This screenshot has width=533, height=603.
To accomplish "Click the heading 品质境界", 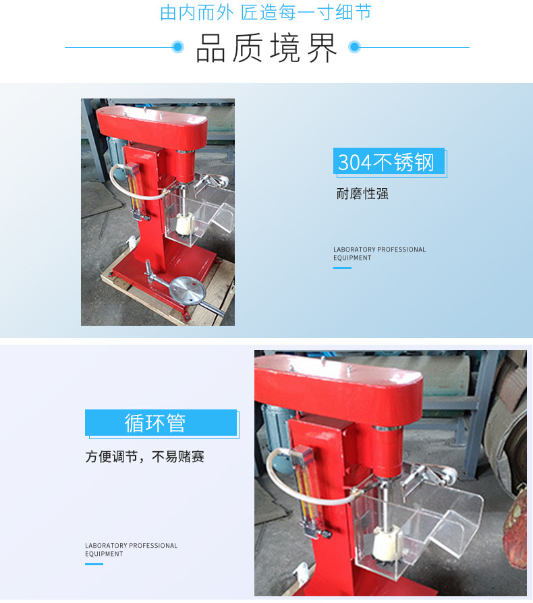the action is (266, 48).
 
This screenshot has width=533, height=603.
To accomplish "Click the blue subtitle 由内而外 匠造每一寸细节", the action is (266, 12).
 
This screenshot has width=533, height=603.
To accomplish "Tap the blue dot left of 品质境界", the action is (177, 47).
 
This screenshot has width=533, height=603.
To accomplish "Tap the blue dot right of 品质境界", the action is (354, 47).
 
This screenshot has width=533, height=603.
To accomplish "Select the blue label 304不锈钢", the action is (389, 161).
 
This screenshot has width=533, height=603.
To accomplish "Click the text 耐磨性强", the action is (362, 194).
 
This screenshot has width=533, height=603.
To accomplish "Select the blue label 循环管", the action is (161, 422).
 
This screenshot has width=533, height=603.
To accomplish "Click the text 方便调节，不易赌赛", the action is (144, 457).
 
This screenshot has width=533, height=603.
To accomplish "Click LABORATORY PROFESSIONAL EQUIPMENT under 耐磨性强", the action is (379, 254).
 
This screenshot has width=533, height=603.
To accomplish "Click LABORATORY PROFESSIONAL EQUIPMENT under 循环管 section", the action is (131, 550).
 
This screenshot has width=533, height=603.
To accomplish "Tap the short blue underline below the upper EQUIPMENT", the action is (342, 268).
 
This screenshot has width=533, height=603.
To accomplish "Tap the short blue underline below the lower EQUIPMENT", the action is (94, 564).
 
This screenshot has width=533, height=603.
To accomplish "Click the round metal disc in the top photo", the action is (188, 290).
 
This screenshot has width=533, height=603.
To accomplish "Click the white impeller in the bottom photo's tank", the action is (387, 544).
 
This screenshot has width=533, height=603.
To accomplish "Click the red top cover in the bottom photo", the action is (339, 388).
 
